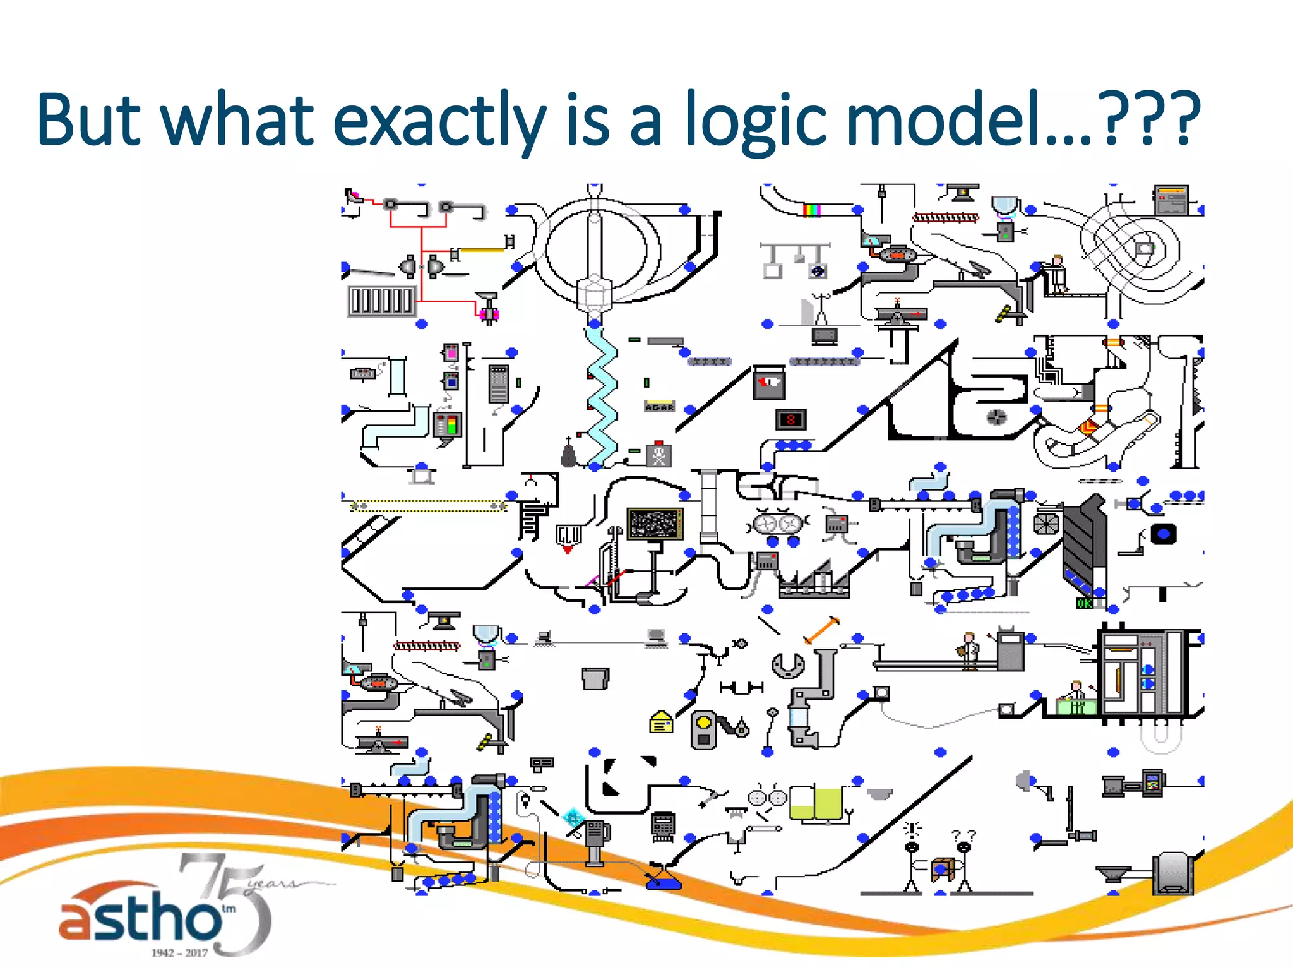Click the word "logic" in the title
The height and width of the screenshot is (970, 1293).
(x=756, y=120)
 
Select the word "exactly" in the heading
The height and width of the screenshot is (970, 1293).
(x=439, y=120)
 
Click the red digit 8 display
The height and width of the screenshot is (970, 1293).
(x=790, y=419)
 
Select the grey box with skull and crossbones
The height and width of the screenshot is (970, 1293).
(x=658, y=454)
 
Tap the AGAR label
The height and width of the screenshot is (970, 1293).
(x=659, y=407)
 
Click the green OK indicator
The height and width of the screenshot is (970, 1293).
(x=1084, y=603)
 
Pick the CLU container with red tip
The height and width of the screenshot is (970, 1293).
(x=568, y=536)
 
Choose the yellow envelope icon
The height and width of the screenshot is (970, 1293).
(x=661, y=722)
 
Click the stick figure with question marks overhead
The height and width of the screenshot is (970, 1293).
(x=964, y=862)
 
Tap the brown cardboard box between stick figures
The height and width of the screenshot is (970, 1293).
(x=942, y=869)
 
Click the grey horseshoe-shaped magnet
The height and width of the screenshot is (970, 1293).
(x=789, y=665)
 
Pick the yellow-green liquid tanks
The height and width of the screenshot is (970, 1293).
(x=816, y=804)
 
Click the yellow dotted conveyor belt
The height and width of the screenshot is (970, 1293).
(x=428, y=506)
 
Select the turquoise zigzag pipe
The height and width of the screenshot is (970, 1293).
(x=602, y=398)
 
